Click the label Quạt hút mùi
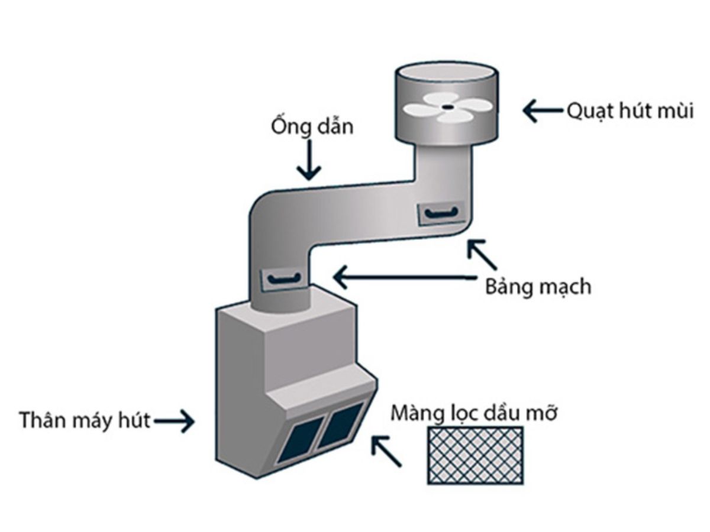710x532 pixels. (630, 111)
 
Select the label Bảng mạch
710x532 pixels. (538, 287)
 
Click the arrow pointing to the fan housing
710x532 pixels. (543, 110)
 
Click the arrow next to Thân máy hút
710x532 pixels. (174, 421)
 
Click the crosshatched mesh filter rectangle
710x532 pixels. (475, 455)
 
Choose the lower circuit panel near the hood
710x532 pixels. (285, 278)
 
